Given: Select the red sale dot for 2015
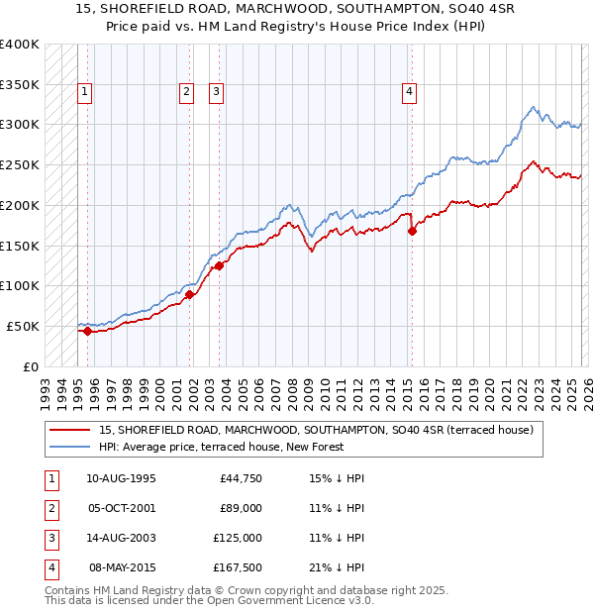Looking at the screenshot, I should coord(412,232).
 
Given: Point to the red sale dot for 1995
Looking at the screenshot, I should coord(87,331).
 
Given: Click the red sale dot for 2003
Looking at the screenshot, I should coord(219,265).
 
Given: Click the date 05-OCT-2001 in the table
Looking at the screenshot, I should coord(121,508).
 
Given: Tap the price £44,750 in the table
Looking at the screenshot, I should coord(241,478).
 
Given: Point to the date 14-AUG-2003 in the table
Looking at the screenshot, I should coord(121,538).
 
